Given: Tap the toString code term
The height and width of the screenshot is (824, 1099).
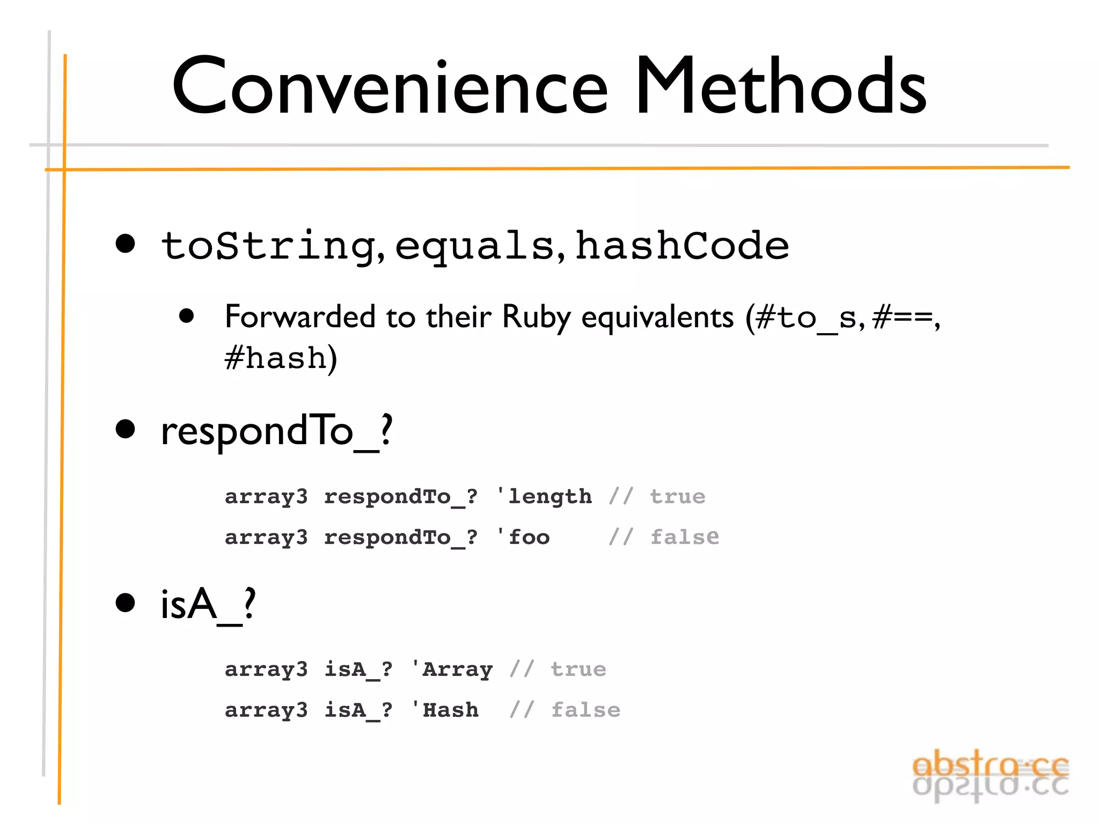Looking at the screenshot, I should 268,246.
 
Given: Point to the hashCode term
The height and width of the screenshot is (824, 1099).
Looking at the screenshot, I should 682,246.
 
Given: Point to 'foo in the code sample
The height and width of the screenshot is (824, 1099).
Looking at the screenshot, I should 523,537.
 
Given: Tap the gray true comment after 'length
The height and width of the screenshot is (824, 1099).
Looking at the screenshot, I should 678,496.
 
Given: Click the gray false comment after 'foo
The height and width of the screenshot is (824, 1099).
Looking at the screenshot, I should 685,537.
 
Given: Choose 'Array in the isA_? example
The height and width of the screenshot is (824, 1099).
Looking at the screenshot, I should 452,669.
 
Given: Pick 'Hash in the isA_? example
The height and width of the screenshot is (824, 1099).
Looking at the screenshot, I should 445,710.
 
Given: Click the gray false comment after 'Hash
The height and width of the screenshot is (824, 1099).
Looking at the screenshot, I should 586,710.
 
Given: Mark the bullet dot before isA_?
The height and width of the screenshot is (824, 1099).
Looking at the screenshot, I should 126,603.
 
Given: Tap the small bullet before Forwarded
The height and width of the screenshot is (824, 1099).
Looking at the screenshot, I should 186,316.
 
